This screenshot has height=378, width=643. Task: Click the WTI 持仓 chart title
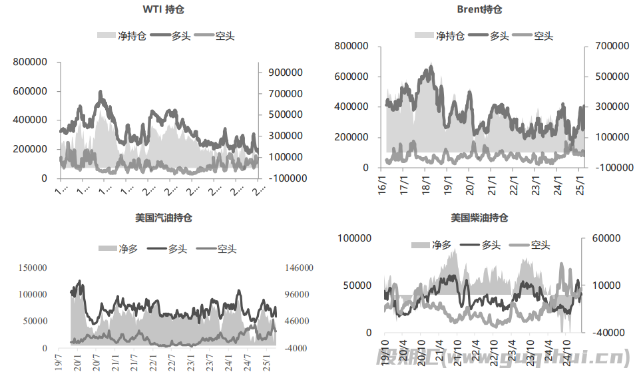pos(164,9)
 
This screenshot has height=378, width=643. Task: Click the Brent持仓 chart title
pos(479,9)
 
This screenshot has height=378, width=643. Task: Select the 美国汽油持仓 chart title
pos(164,218)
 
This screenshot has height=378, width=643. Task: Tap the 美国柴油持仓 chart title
pos(479,218)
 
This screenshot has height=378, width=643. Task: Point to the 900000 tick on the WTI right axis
pos(286,72)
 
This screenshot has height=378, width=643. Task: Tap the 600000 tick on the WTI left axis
pos(30,91)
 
